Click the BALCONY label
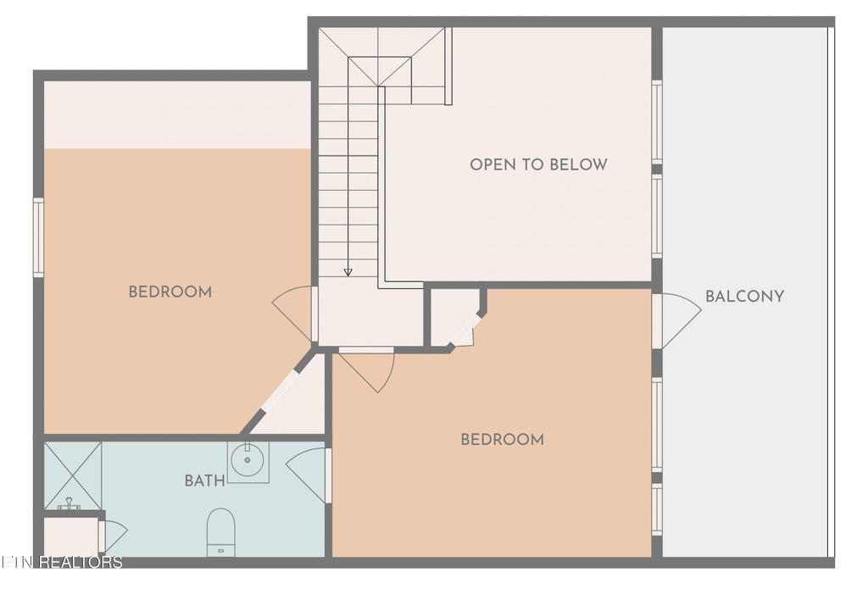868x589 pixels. coord(744,296)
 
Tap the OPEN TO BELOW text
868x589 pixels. coord(538,164)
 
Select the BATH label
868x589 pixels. coord(205,481)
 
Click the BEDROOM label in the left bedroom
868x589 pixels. coord(170,292)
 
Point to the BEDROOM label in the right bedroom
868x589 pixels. coord(502,440)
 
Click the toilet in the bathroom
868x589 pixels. coord(221,532)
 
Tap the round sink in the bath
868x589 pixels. coord(247,459)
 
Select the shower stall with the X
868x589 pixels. coord(73,475)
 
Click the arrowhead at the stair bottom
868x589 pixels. coord(348,272)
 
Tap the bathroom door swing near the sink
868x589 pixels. coord(306,472)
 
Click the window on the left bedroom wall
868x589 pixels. coord(38,237)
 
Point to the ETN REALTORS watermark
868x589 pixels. coord(61,563)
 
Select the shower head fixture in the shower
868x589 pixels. coord(70,503)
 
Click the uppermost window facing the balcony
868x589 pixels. coord(657,121)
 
